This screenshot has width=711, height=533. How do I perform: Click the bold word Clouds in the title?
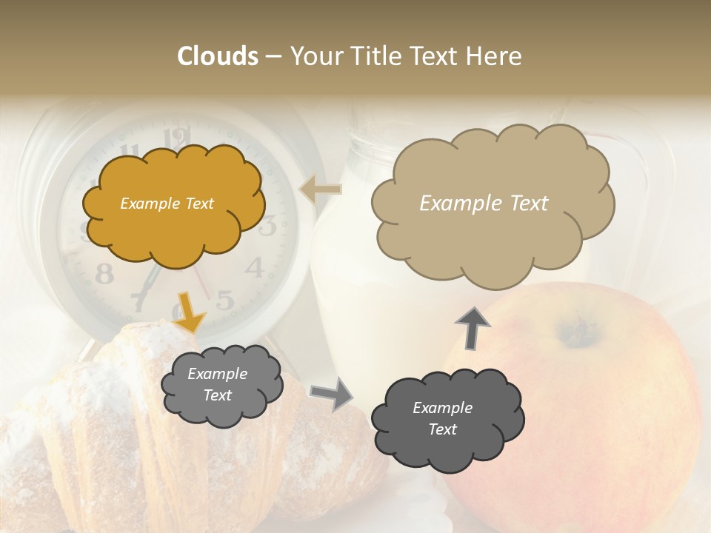pos(217,56)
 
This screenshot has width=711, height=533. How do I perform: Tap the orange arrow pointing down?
pos(189,312)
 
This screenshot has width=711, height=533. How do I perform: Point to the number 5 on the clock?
pos(225,299)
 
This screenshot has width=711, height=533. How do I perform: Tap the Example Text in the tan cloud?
pos(484,204)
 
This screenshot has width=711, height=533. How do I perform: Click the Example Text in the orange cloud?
pos(167,204)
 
